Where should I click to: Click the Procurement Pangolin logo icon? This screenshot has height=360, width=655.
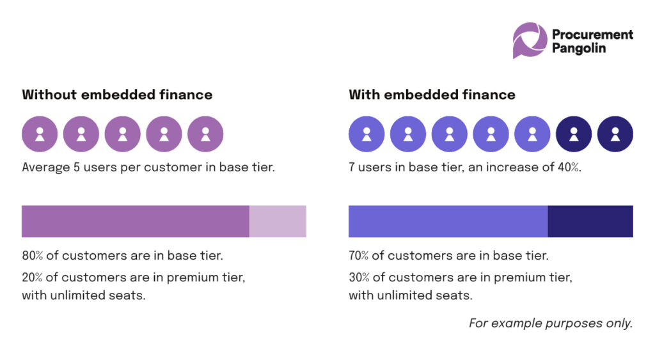[530, 40]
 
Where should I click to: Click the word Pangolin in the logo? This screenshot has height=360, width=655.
[580, 49]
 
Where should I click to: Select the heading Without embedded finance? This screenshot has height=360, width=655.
[117, 95]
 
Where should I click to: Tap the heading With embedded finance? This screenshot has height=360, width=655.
[432, 95]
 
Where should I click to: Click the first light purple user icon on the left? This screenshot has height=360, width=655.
[40, 134]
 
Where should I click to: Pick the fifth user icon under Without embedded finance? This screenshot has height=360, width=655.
[205, 134]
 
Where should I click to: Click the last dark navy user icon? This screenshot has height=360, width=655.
[615, 134]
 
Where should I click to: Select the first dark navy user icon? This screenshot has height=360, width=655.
[574, 134]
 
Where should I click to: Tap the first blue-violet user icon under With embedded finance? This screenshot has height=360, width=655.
[367, 134]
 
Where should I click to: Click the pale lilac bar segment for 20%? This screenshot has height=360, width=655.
[278, 221]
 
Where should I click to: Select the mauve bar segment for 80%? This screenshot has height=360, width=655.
[135, 221]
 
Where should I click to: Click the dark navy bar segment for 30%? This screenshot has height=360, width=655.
[590, 221]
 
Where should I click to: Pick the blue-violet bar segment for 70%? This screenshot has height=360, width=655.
[448, 221]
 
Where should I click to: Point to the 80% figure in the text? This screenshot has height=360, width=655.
[33, 256]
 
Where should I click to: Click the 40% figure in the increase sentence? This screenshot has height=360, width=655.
[569, 168]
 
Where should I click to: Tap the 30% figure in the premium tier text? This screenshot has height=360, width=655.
[359, 278]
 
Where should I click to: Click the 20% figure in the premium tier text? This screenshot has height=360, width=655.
[33, 278]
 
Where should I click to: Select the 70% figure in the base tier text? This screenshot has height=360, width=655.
[359, 256]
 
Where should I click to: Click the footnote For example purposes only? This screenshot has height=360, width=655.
[551, 324]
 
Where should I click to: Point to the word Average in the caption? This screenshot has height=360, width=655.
[44, 168]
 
